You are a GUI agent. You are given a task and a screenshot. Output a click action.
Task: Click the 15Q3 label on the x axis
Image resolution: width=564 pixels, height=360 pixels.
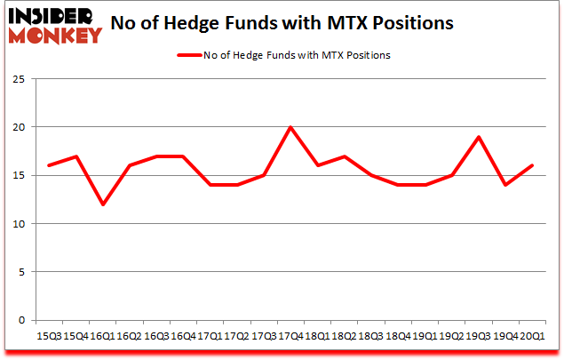[50, 336]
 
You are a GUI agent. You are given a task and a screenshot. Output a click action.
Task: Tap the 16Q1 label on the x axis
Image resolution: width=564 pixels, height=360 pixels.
[102, 336]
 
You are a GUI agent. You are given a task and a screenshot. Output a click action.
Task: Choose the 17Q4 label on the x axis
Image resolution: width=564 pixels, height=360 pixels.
[290, 336]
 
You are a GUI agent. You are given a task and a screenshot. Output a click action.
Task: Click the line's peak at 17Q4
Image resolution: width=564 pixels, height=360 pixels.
[290, 127]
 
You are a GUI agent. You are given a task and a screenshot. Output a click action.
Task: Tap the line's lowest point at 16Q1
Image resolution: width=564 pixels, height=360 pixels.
[103, 204]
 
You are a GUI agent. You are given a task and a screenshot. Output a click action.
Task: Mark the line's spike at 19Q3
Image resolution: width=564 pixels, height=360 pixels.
[477, 137]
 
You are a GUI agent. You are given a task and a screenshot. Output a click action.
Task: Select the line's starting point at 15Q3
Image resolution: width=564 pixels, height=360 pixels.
[50, 165]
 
